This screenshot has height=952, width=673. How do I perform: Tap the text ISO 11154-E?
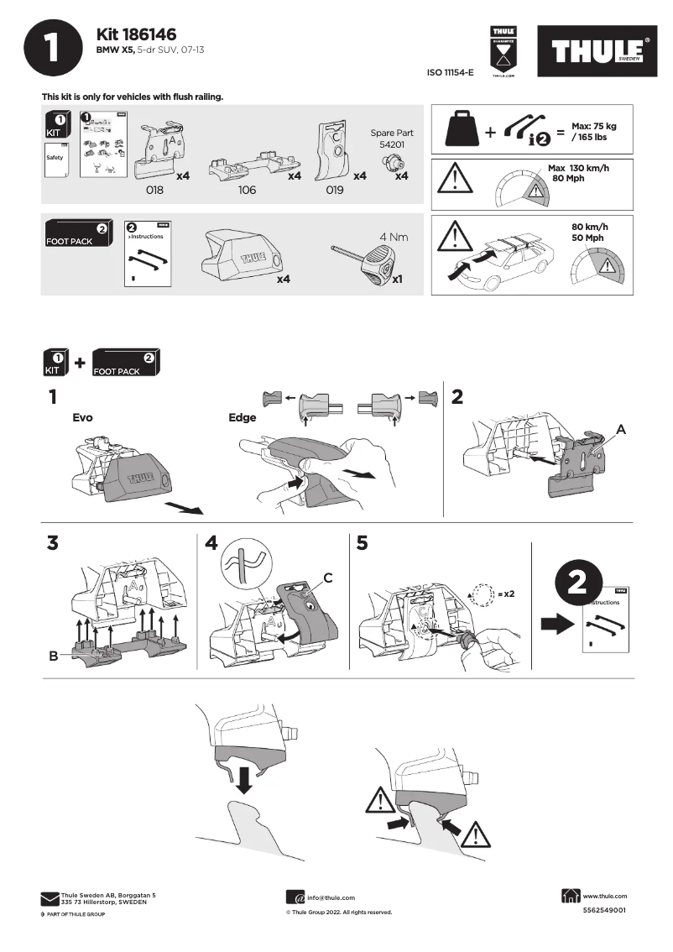[451, 73]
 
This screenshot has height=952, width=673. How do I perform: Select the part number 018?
[154, 191]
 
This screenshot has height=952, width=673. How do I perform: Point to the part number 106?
[247, 191]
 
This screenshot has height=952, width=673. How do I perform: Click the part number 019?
[334, 191]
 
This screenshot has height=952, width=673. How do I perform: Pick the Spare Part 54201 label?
[392, 139]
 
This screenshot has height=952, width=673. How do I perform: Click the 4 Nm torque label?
[394, 237]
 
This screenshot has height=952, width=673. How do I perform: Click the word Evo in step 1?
[82, 416]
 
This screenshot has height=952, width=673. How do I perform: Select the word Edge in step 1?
[243, 417]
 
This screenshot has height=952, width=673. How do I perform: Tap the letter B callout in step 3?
[53, 656]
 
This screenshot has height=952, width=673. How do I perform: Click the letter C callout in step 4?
[329, 578]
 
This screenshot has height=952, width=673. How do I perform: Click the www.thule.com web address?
[604, 896]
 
